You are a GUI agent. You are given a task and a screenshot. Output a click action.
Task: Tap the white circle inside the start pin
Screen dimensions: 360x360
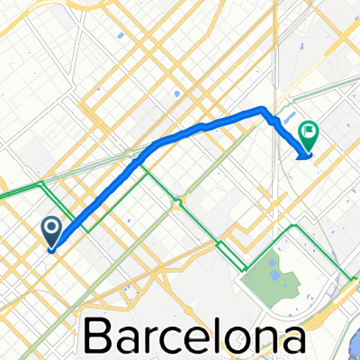click(51, 228)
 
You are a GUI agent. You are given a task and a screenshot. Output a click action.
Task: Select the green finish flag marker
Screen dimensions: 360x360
click(309, 136)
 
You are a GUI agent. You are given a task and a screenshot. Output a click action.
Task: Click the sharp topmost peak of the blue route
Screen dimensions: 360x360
click(264, 109)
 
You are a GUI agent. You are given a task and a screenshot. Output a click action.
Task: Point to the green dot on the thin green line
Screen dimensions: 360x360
click(177, 203)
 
